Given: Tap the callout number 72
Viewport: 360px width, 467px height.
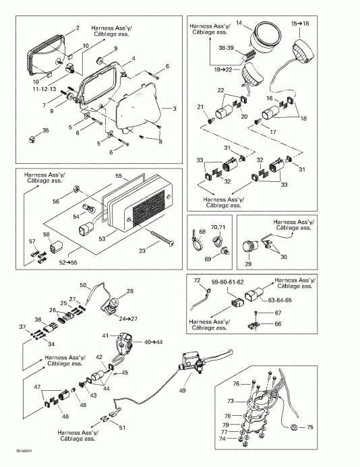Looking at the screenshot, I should pos(198,279).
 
